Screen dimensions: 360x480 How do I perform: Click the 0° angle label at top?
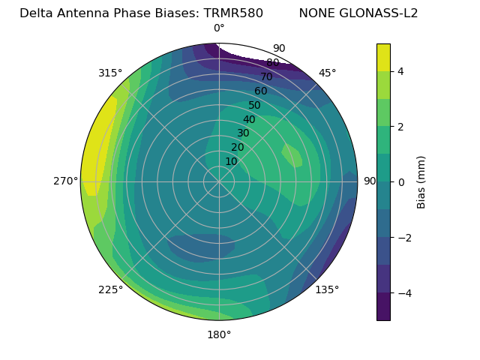219,28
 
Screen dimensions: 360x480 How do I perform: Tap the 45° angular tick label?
327,73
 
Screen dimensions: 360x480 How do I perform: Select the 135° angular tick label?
327,289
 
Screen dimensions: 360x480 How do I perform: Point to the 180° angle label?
219,334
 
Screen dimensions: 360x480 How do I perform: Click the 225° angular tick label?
110,289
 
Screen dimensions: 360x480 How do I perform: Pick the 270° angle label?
66,181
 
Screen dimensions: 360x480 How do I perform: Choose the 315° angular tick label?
110,73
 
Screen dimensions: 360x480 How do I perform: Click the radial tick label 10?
231,161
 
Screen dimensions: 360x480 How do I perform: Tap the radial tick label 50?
255,106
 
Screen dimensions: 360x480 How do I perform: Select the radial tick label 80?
273,63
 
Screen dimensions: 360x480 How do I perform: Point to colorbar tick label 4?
401,71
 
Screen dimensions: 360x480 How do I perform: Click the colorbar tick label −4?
403,292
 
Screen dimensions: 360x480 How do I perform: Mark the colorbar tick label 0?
401,182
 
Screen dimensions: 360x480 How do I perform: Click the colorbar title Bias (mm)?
421,181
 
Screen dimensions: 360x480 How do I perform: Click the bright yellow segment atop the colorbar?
383,57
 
